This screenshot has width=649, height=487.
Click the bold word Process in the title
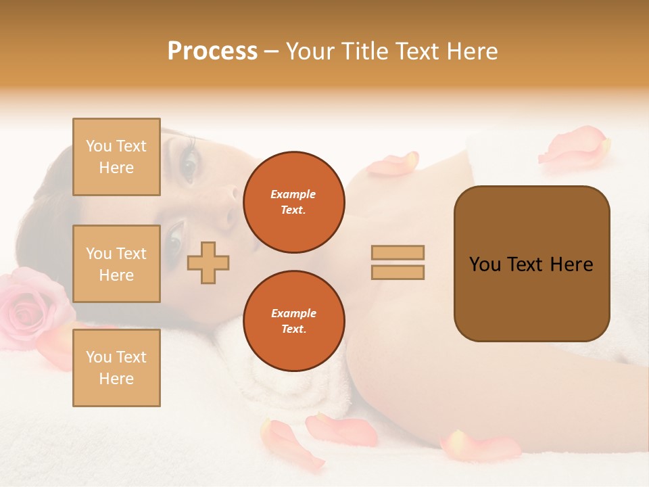click(212, 51)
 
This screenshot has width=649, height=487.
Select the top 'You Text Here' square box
click(116, 157)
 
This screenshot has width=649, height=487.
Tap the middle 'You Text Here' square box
click(116, 264)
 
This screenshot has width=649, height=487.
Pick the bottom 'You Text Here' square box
click(116, 368)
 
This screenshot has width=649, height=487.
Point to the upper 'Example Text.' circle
click(293, 202)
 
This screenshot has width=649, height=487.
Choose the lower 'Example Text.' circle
click(293, 321)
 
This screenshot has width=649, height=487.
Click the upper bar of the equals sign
click(398, 252)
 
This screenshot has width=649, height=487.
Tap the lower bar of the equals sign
click(398, 272)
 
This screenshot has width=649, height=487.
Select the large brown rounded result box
click(531, 264)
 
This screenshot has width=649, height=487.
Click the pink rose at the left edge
click(30, 304)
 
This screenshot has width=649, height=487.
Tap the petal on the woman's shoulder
click(394, 164)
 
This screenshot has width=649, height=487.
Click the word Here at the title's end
click(471, 51)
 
